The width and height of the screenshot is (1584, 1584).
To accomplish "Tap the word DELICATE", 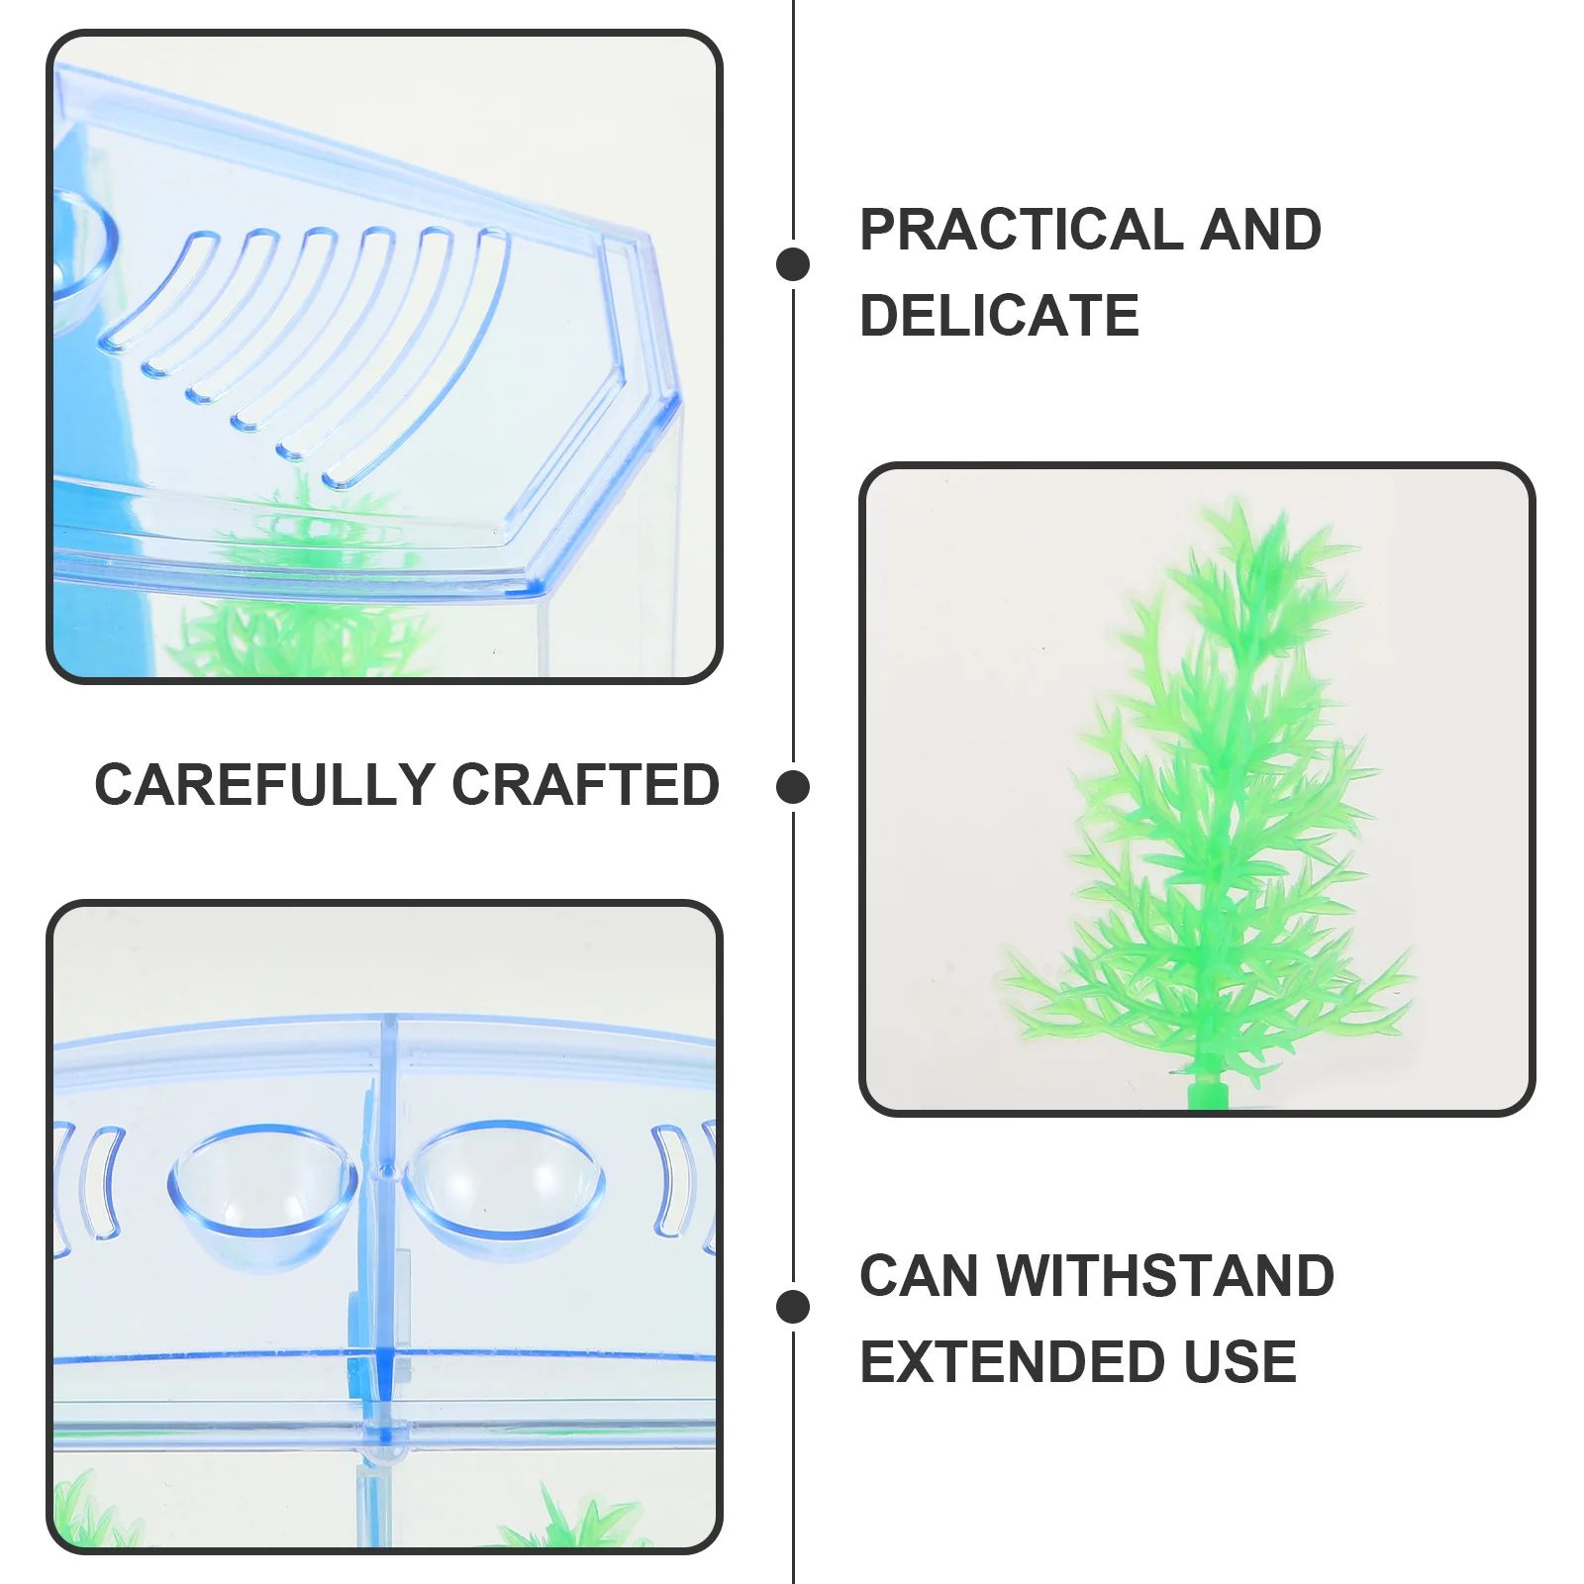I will (999, 316).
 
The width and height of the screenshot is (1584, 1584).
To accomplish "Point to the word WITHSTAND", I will (1165, 1275).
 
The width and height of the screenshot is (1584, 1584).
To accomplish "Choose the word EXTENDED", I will (1011, 1361).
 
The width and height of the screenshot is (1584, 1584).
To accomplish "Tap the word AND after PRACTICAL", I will (1260, 230).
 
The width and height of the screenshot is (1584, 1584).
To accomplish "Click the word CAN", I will (919, 1275).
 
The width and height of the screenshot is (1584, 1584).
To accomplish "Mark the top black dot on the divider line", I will (793, 264).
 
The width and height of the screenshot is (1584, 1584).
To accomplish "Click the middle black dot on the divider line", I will (793, 787).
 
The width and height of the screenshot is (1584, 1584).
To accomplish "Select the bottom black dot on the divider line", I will (793, 1307).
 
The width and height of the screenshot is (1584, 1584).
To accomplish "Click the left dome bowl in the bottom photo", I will (262, 1193).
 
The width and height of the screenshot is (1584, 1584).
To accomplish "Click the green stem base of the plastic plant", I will (1206, 1095).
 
